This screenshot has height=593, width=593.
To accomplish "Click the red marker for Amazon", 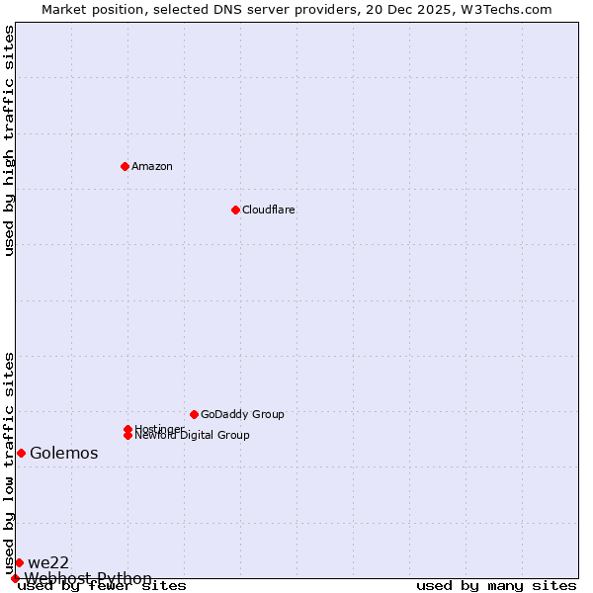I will (125, 166).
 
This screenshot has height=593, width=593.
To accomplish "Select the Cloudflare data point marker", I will (235, 210).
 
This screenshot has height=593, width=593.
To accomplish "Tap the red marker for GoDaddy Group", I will (194, 414).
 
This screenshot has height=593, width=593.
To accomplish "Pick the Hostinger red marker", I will (127, 429).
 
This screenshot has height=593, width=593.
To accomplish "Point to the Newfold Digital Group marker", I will (127, 435).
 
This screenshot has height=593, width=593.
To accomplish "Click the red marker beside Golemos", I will (21, 453).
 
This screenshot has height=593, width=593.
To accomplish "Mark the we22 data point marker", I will (19, 562).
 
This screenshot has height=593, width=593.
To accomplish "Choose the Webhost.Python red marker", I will (15, 578).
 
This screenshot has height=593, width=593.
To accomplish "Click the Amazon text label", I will (152, 166).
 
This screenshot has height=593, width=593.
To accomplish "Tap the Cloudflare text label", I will (269, 210).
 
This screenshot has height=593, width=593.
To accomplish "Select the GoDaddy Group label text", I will (242, 414).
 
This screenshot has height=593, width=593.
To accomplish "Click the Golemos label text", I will (64, 454).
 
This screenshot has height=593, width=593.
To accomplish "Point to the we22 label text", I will (48, 563).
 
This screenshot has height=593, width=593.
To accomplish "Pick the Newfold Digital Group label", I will (193, 436).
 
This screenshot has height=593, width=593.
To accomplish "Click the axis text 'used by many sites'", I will (496, 586).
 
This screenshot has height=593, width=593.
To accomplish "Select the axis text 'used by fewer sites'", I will (103, 586).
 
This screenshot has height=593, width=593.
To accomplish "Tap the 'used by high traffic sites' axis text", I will (10, 140).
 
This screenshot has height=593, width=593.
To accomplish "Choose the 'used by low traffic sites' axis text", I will (10, 463).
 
